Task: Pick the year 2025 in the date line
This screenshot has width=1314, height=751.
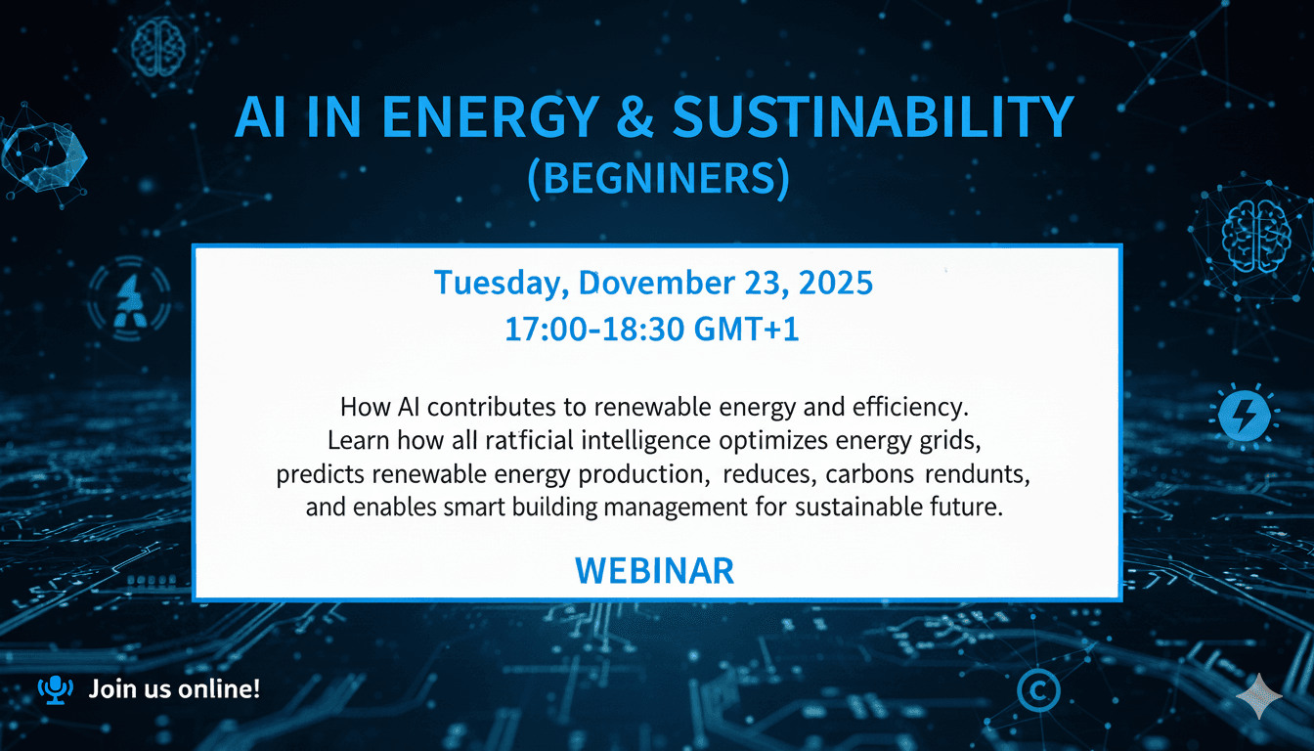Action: coord(835,284)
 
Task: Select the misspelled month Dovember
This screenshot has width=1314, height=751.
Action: coord(655,284)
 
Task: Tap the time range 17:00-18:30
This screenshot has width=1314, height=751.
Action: coord(592,330)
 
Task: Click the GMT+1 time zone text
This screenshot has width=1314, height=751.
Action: coord(746,330)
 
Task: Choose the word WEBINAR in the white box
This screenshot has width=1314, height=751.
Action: coord(654,570)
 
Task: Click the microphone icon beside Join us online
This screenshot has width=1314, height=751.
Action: coord(55,689)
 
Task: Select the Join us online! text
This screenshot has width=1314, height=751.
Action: coord(174,689)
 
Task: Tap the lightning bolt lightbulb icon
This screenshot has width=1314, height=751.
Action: coord(1244,415)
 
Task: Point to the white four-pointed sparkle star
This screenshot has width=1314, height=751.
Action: coord(1258,695)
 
